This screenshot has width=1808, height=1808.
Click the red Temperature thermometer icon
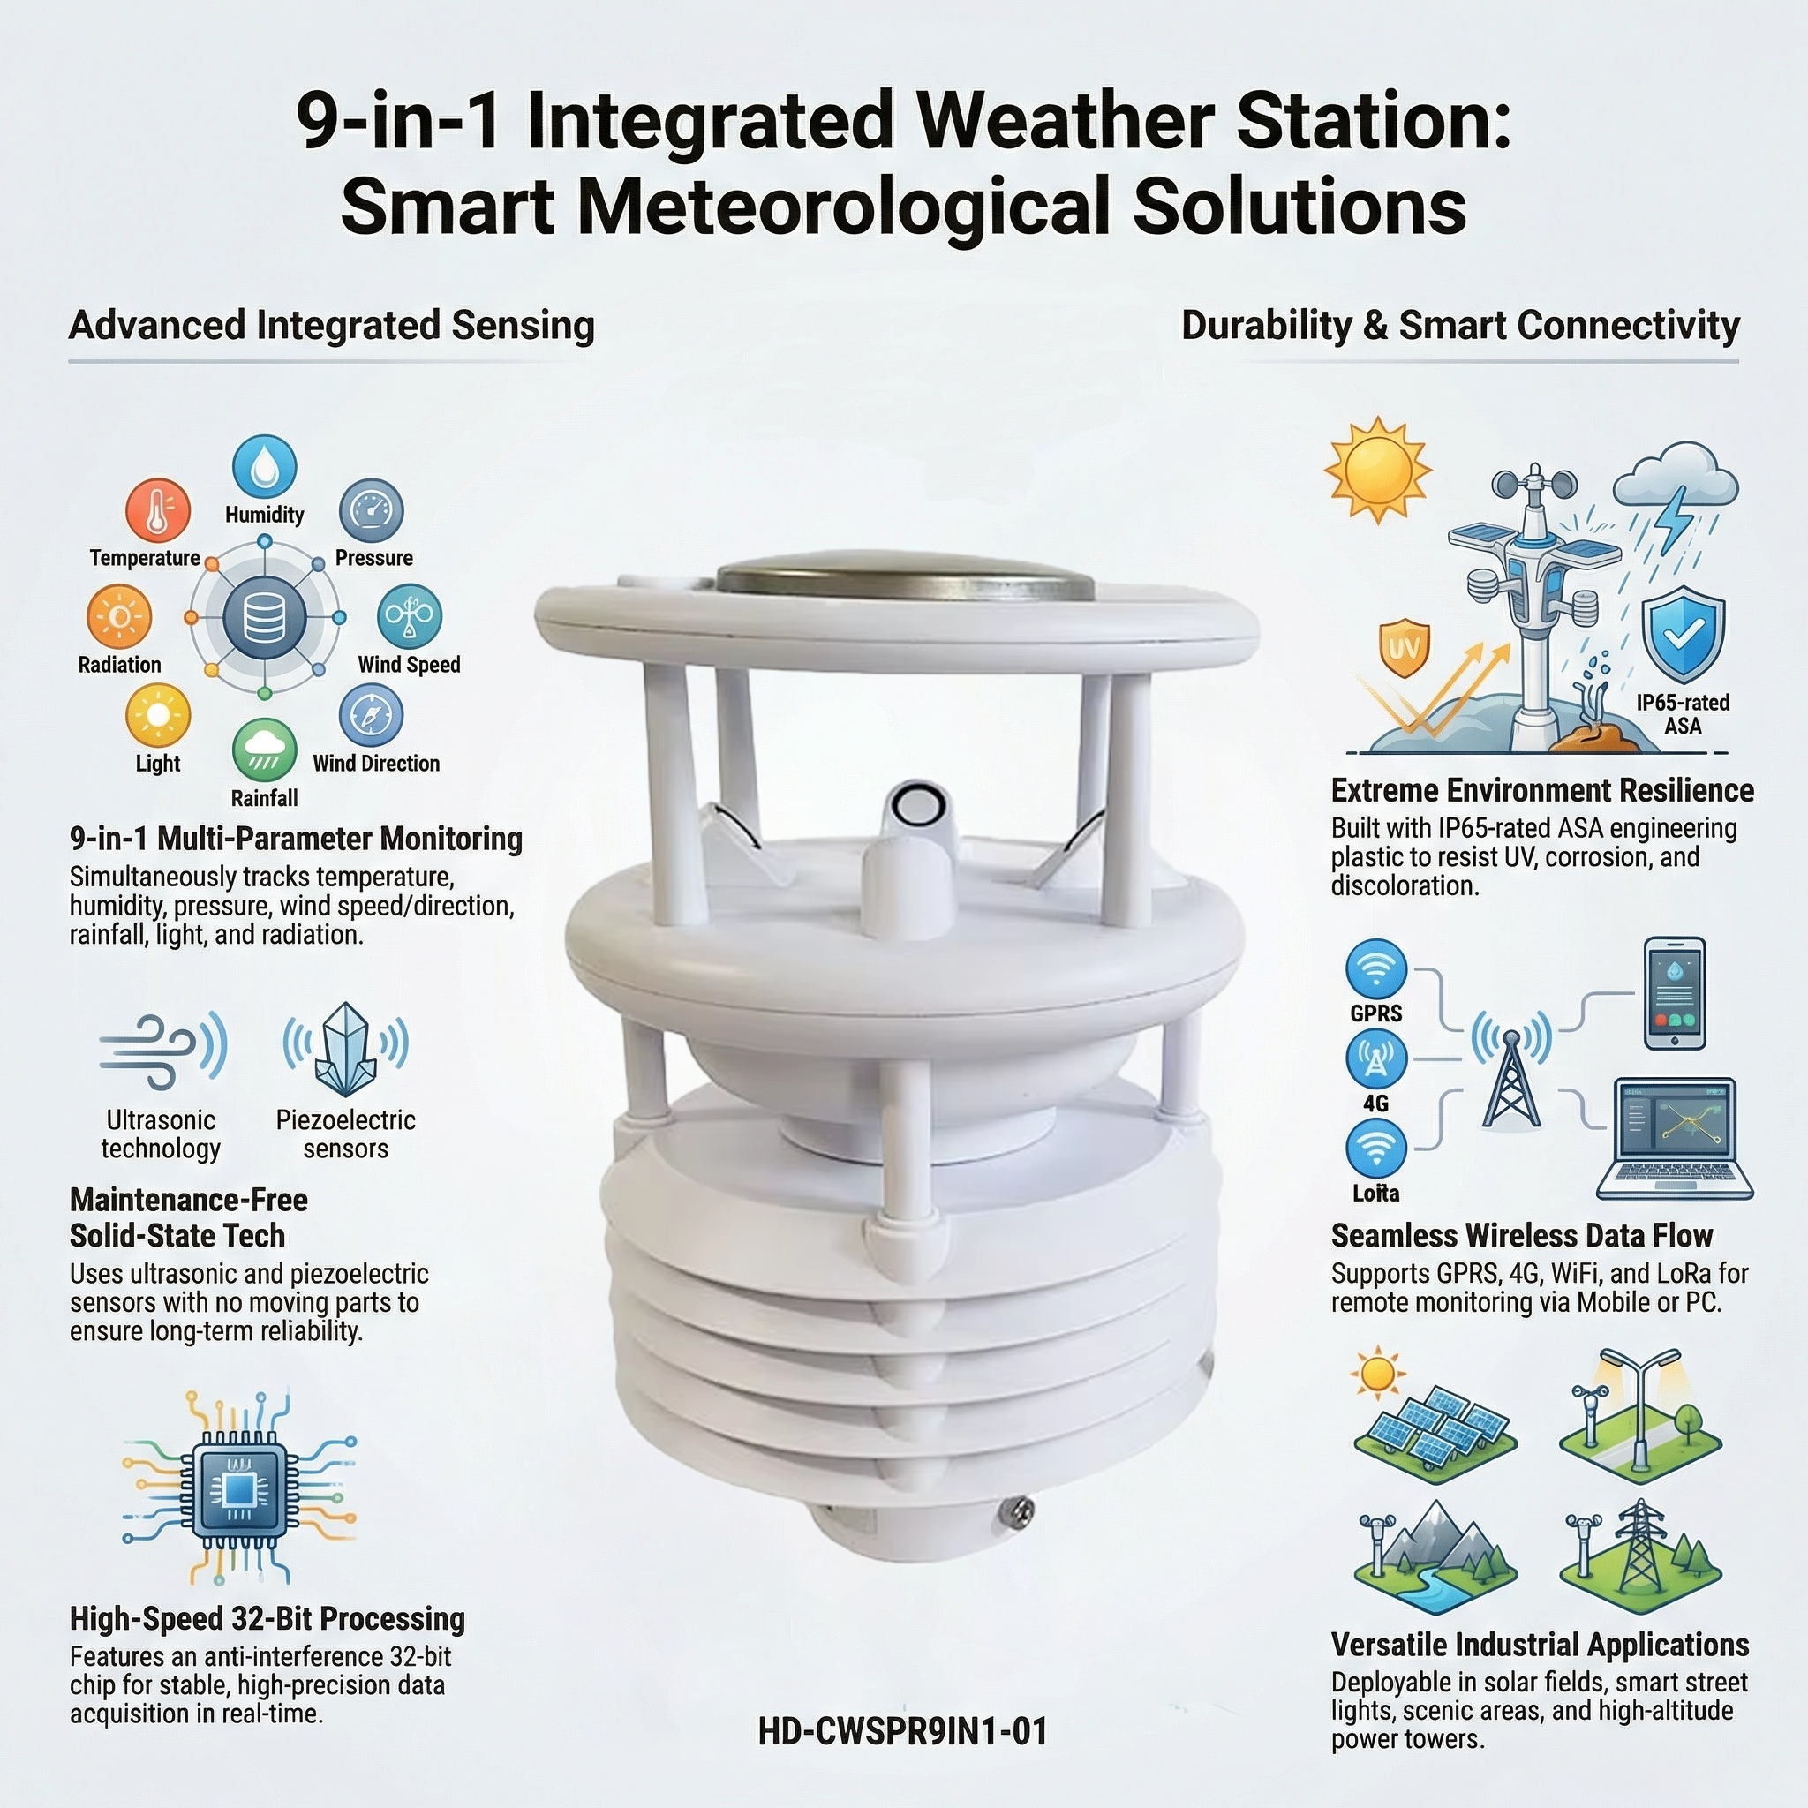coord(158,510)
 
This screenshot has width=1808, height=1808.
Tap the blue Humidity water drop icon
coord(265,466)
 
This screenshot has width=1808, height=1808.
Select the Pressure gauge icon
coord(372,511)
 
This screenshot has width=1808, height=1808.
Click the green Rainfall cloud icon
coord(265,750)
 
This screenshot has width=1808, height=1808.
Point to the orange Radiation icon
coord(119,617)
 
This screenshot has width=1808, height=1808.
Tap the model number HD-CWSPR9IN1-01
coord(903,1732)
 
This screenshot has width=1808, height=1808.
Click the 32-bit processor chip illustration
coord(239,1487)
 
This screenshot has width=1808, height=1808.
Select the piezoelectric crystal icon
coord(345,1048)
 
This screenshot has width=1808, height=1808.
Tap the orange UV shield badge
coord(1405,646)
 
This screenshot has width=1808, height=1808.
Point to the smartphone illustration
coord(1675,994)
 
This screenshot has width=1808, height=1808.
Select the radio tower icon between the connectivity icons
coord(1511,1073)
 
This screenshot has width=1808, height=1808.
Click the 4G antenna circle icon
coord(1376,1059)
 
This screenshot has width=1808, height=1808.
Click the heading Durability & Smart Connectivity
coord(1460,325)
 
